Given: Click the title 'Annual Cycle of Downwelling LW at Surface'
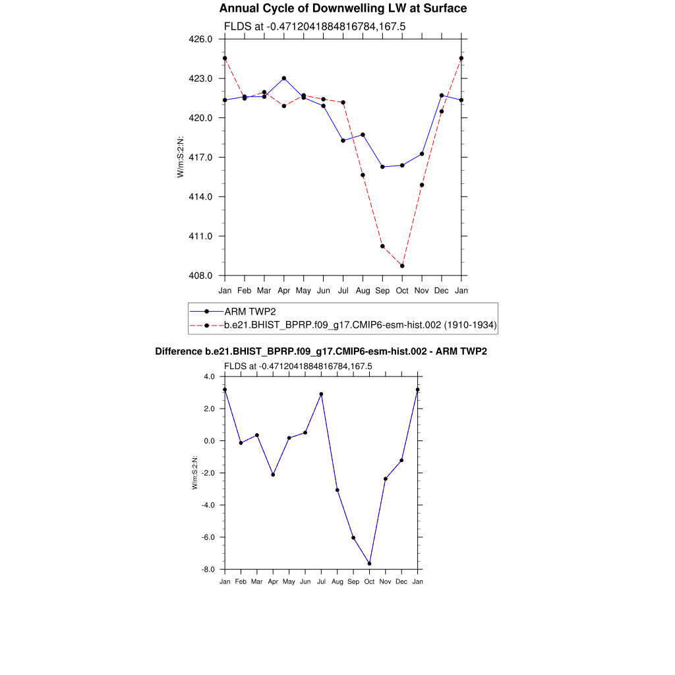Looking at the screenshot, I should (x=343, y=9).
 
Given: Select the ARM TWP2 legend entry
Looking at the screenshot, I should (x=250, y=311).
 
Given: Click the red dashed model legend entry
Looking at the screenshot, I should (x=360, y=325).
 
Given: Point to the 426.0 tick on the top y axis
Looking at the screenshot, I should (x=200, y=39).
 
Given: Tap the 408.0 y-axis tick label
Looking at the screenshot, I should (x=200, y=276).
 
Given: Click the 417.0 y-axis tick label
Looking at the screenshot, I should (x=200, y=158).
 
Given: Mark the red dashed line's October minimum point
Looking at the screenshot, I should (x=402, y=266).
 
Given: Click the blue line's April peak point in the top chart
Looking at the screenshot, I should (x=284, y=78).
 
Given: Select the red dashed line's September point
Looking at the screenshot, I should (x=382, y=246).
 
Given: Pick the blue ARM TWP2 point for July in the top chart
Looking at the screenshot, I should (x=343, y=140).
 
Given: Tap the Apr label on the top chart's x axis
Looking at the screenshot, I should (x=284, y=291).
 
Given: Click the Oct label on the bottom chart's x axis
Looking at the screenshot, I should (x=369, y=581).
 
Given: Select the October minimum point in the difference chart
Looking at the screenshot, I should (x=369, y=564).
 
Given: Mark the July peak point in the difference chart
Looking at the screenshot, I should (x=321, y=394).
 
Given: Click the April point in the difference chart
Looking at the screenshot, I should (x=273, y=475).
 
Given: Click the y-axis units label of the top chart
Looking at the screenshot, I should (x=180, y=157).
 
